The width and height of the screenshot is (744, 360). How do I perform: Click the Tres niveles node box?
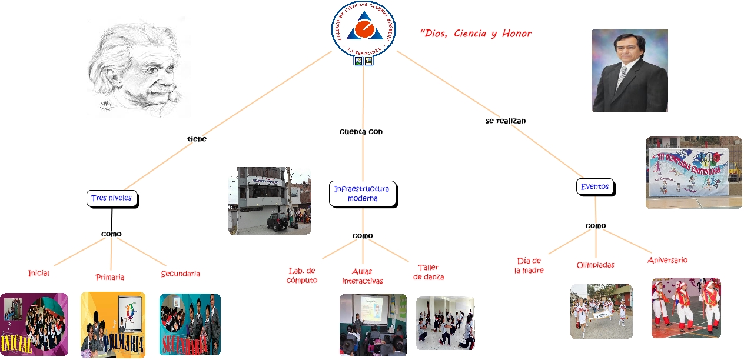coord(111,198)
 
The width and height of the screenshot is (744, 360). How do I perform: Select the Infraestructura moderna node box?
coord(361,194)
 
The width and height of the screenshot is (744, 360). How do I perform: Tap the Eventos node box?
coord(594,187)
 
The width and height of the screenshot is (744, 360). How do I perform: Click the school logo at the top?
coord(363,29)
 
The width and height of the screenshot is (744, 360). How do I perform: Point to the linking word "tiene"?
coord(197,139)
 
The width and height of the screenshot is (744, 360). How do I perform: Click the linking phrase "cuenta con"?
coord(361,132)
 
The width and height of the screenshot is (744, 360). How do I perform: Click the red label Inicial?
coord(38,274)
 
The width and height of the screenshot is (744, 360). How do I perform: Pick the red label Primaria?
coord(110,277)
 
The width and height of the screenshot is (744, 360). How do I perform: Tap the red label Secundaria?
coord(180,274)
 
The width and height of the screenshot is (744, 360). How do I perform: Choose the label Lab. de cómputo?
coord(302,275)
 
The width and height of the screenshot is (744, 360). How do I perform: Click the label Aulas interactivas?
coord(362,276)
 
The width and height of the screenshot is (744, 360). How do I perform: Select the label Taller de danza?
coord(428,272)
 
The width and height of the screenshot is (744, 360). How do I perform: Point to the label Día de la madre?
coord(529,265)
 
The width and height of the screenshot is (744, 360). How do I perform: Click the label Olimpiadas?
coord(595,265)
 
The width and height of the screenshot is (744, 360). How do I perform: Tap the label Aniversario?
coord(667,260)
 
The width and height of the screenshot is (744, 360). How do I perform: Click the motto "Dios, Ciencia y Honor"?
coord(476,34)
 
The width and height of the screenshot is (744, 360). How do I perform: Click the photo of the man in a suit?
coord(629,71)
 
